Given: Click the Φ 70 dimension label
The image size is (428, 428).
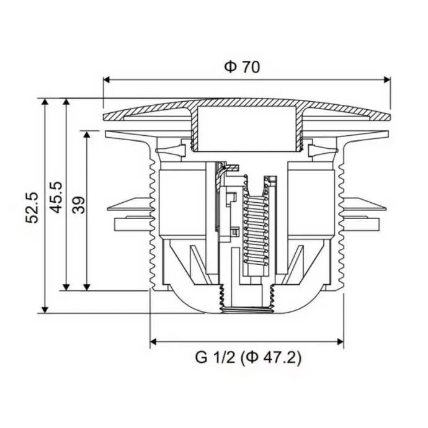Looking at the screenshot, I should click(242, 67).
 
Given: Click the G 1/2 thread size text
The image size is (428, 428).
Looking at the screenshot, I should click(216, 358).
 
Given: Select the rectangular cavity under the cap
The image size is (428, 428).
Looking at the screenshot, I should click(246, 128).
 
